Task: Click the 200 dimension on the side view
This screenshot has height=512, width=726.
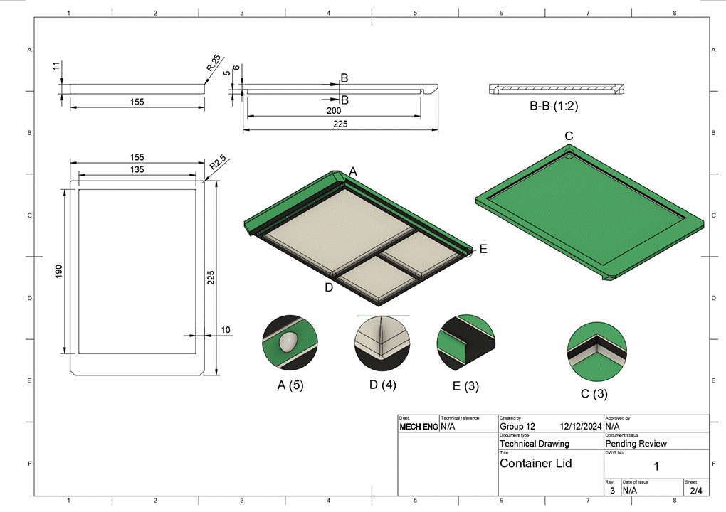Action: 334,112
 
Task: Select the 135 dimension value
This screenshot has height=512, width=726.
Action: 137,169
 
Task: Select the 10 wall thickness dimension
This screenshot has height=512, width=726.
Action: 226,330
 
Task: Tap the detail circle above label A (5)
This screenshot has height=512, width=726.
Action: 290,341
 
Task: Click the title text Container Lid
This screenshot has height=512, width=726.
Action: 535,463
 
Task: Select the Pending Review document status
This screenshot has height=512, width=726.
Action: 636,444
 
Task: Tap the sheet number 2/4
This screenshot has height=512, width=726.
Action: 695,490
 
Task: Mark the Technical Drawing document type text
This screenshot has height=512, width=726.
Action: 535,444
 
